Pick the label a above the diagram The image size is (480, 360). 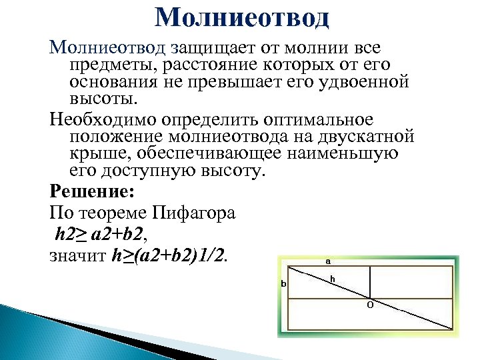(x=328, y=261)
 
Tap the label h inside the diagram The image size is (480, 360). (x=332, y=278)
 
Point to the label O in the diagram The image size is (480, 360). (x=370, y=305)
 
